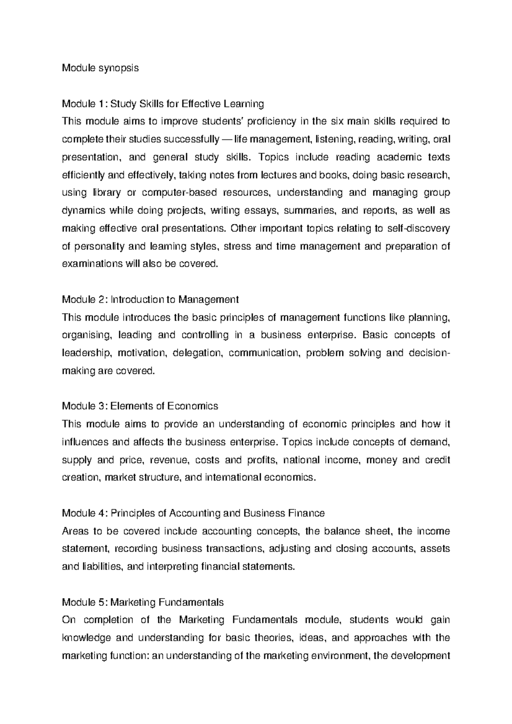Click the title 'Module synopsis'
click(100, 68)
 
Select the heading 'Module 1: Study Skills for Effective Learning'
click(163, 104)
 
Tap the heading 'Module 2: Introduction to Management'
click(150, 299)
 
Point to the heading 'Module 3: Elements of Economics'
click(140, 406)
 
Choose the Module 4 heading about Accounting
click(193, 513)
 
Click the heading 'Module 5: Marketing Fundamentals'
click(143, 602)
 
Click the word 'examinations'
click(92, 264)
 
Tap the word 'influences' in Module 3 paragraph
click(84, 442)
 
